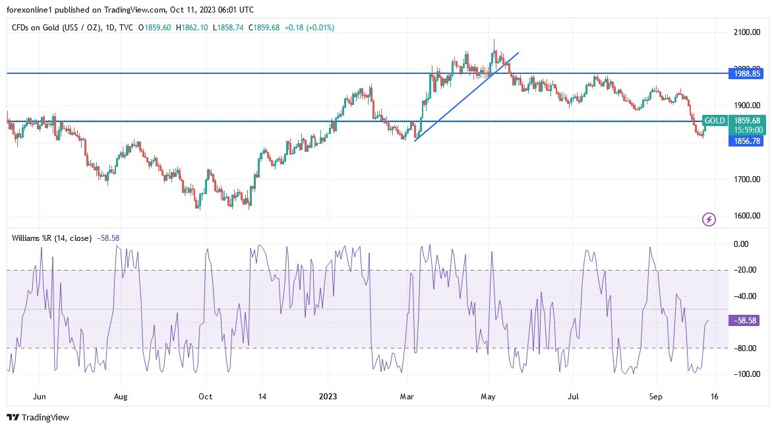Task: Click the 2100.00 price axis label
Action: click(x=748, y=32)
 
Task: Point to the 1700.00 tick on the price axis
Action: click(x=748, y=179)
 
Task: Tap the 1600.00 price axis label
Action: click(x=748, y=216)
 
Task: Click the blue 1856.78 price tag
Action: click(x=746, y=141)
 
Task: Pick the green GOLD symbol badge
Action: click(x=715, y=121)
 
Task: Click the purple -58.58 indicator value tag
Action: click(x=746, y=320)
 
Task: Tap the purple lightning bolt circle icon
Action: click(x=709, y=219)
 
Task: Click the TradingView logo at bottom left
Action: click(x=38, y=417)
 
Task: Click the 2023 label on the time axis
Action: click(x=328, y=397)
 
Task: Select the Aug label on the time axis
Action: click(x=120, y=397)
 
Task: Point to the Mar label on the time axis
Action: click(x=407, y=397)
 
